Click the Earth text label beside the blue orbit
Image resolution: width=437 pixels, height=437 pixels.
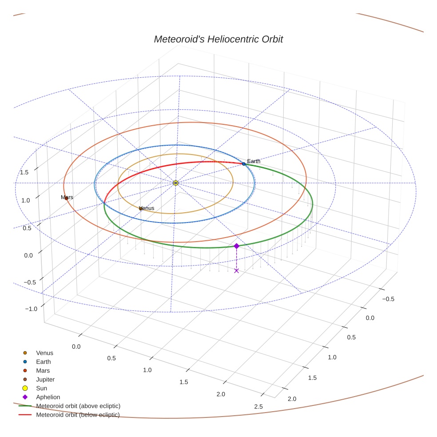click(254, 161)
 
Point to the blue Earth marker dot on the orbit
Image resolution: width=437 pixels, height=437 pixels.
click(244, 164)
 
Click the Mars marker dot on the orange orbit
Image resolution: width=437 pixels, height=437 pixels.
click(66, 198)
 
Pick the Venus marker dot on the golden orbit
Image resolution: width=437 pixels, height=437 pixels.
click(141, 208)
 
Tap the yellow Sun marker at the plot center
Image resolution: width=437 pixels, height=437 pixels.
click(176, 183)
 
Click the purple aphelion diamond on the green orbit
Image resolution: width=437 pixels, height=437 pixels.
click(236, 246)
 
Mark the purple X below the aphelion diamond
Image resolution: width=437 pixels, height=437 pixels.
click(236, 270)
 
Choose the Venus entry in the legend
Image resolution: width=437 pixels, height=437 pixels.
click(44, 353)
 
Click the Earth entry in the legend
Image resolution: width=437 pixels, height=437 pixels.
click(43, 362)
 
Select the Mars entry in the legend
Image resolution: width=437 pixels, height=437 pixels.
click(43, 371)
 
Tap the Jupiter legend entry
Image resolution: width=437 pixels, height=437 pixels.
click(45, 380)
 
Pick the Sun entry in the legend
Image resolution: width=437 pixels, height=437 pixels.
click(41, 388)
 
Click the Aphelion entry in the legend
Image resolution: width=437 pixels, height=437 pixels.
click(48, 397)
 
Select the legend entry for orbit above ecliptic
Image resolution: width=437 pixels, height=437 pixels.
click(78, 406)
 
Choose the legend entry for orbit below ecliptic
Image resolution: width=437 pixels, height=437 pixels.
click(78, 415)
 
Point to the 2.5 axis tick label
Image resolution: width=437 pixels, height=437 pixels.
click(258, 406)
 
